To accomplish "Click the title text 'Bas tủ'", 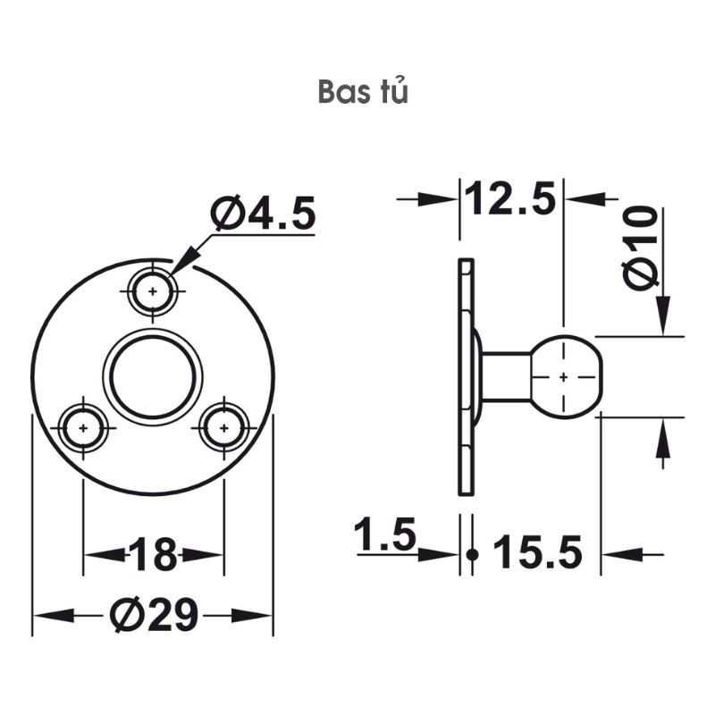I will tap(363, 93).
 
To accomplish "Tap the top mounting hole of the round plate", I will tap(153, 291).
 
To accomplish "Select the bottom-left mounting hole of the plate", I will tap(83, 428).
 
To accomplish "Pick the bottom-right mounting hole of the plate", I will tap(223, 428).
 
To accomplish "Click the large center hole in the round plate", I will tap(153, 375).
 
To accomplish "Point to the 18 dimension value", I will tap(153, 555).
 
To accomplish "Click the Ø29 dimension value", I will tap(153, 616).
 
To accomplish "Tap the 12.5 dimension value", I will tap(510, 198).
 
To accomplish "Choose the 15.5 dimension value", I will tap(536, 553).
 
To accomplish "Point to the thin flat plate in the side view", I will tap(465, 376).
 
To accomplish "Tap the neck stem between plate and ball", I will tap(506, 376).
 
